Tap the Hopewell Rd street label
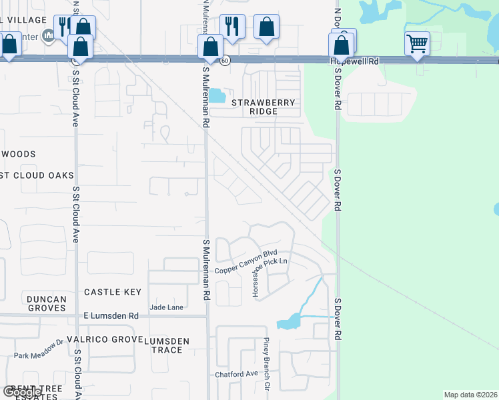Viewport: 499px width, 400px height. [354, 61]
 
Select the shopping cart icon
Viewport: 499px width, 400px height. [417, 44]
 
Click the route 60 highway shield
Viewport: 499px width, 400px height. [226, 60]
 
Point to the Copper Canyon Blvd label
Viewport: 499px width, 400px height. [245, 262]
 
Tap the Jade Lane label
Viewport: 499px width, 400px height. [167, 307]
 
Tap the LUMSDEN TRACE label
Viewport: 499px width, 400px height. [167, 345]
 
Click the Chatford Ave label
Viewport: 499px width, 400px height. [236, 374]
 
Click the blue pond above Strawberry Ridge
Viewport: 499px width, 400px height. [216, 95]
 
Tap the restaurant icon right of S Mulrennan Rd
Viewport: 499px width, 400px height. [232, 26]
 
